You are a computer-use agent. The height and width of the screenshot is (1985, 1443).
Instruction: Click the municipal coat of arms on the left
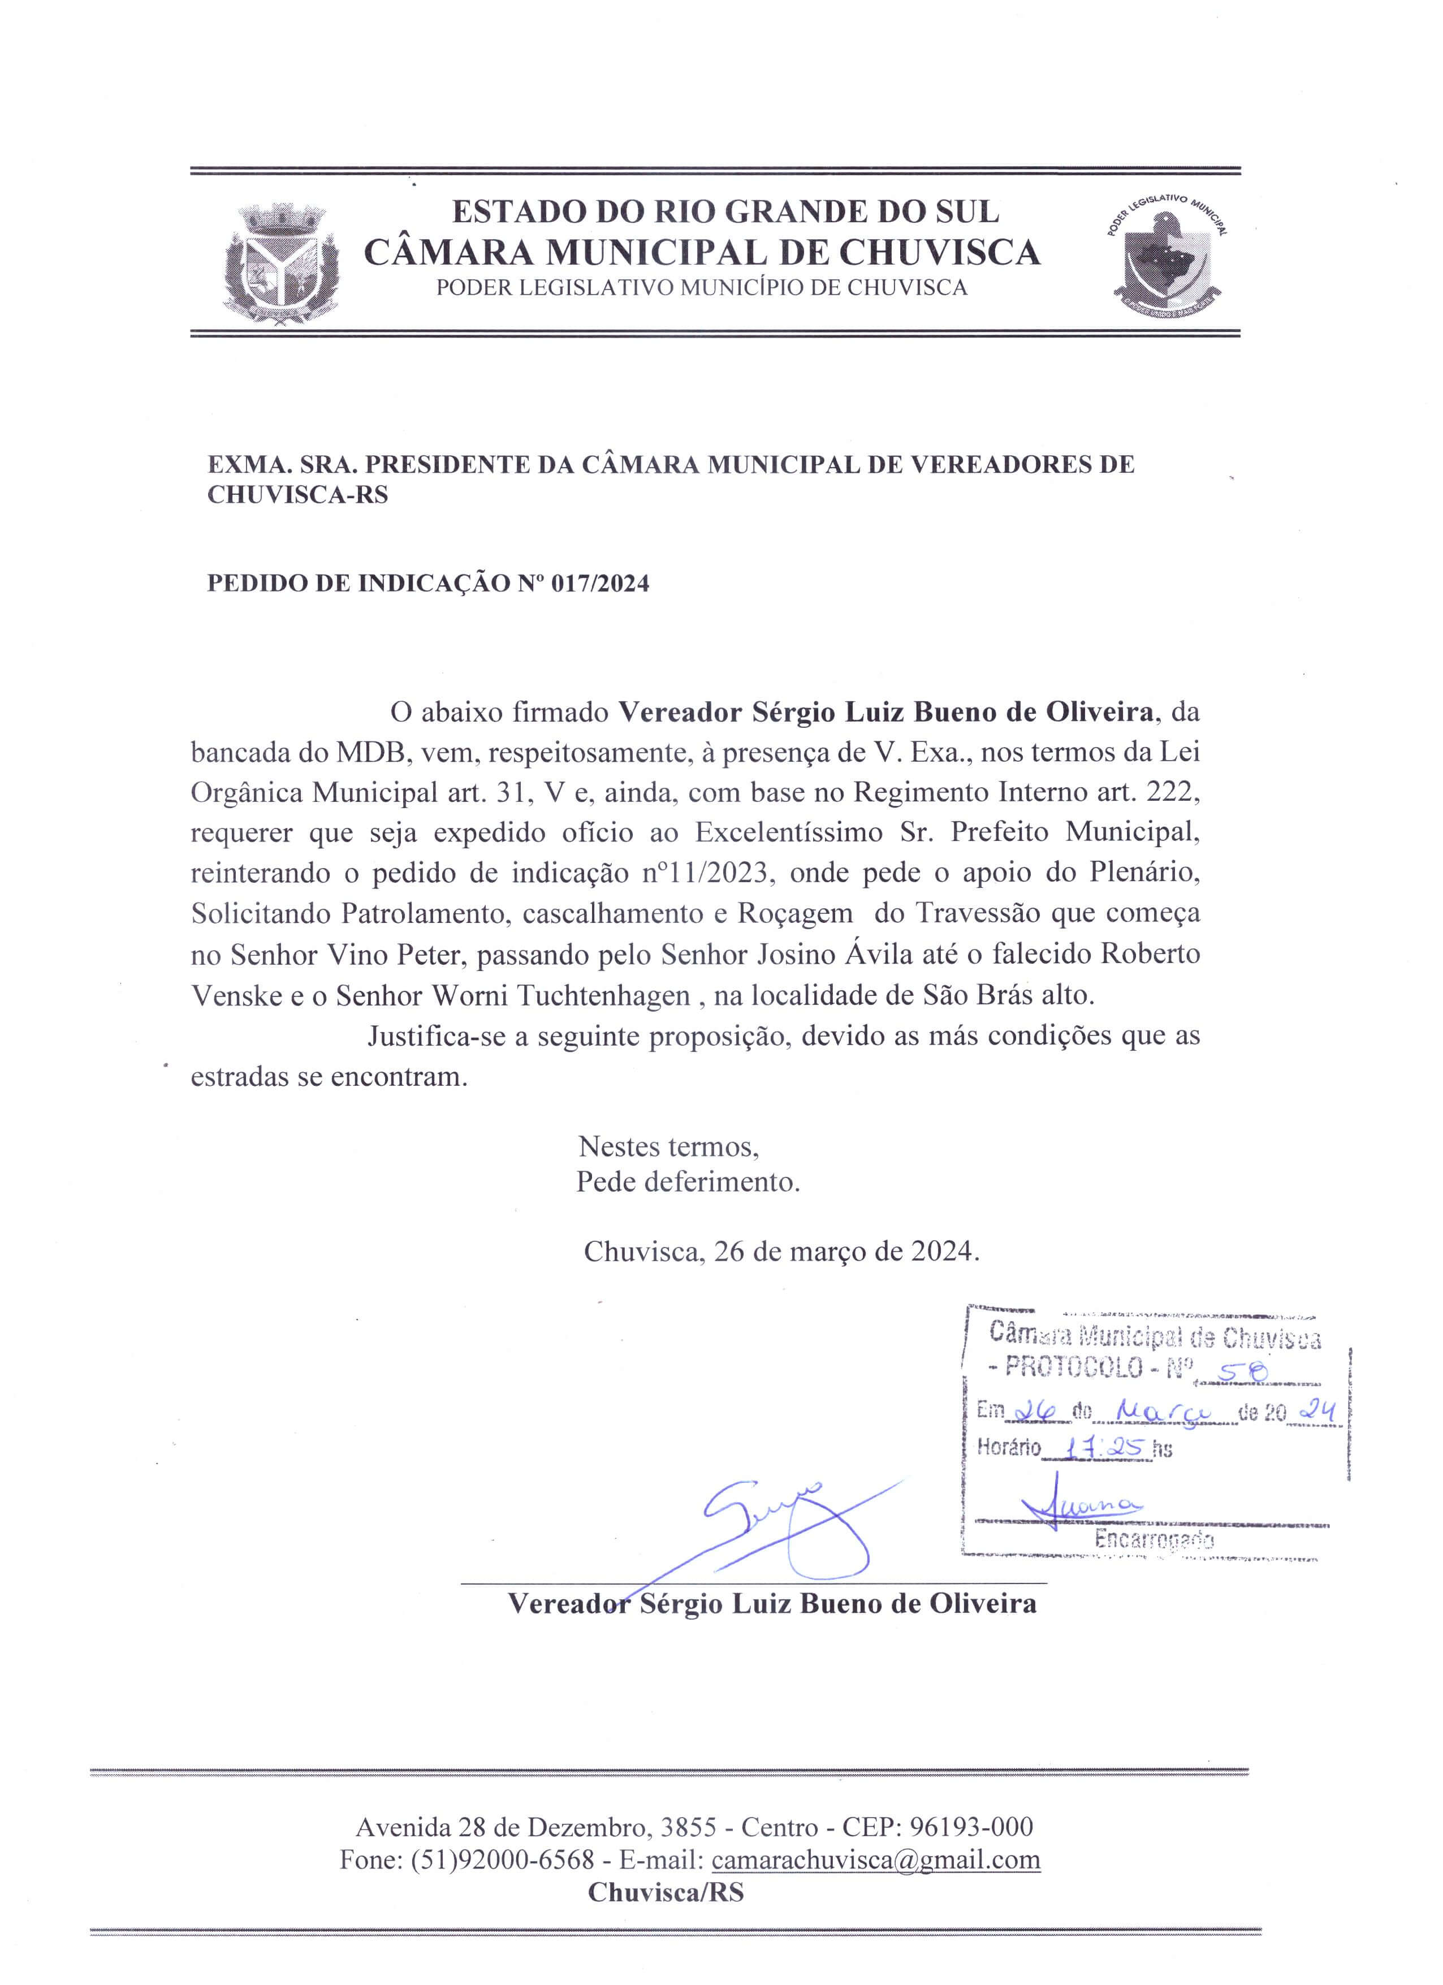point(281,265)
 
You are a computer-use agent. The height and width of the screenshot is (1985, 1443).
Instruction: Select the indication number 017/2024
point(600,584)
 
